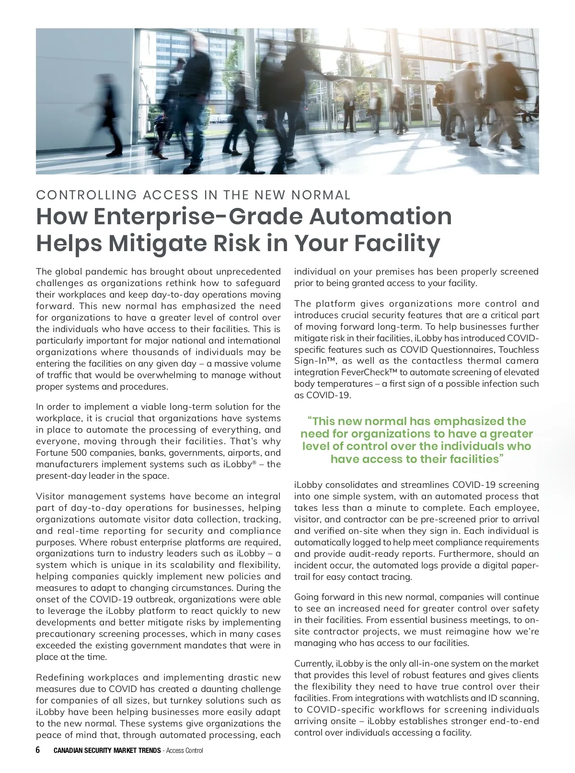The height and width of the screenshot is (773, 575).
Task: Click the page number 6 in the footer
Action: click(x=38, y=750)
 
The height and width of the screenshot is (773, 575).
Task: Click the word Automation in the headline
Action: click(x=380, y=216)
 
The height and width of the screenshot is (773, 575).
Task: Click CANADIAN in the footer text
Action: click(x=69, y=750)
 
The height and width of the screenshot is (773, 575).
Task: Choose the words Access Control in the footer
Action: click(x=184, y=750)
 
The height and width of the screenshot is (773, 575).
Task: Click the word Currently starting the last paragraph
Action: click(x=313, y=664)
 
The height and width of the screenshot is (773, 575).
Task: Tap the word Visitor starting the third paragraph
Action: click(x=50, y=496)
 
